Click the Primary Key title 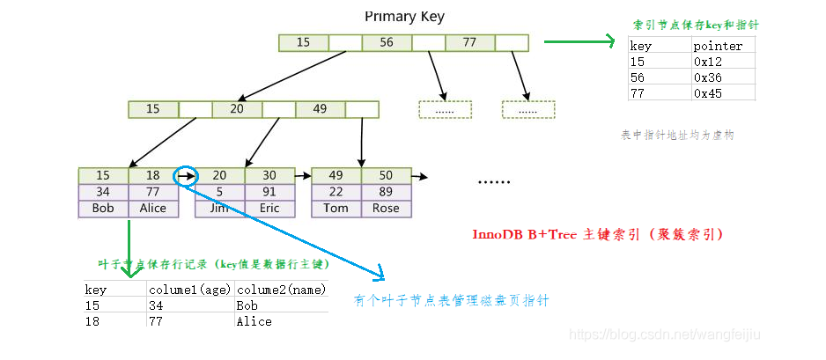click(x=404, y=17)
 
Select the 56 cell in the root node click(x=387, y=42)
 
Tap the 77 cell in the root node click(x=469, y=42)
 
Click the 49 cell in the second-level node click(x=320, y=109)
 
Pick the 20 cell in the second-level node click(x=236, y=109)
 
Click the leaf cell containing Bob click(x=103, y=209)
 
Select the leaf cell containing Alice click(x=152, y=209)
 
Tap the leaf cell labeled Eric click(x=269, y=209)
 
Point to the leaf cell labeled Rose click(x=386, y=209)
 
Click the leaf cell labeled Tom click(x=336, y=209)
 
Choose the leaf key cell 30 click(x=269, y=175)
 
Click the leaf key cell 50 click(x=386, y=175)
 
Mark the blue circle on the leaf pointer click(x=186, y=175)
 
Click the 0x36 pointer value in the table click(x=708, y=77)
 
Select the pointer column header click(x=718, y=46)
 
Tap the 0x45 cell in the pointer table click(x=708, y=92)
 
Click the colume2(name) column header click(x=281, y=289)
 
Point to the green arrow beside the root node click(x=578, y=41)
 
